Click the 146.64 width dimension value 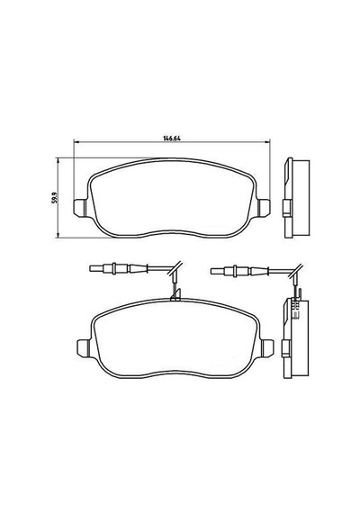172,138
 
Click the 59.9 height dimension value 55,198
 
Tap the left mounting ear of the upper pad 80,207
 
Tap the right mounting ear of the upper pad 264,207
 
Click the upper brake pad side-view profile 295,198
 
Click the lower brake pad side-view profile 295,338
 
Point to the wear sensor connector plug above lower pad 119,268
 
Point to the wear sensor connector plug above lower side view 240,271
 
